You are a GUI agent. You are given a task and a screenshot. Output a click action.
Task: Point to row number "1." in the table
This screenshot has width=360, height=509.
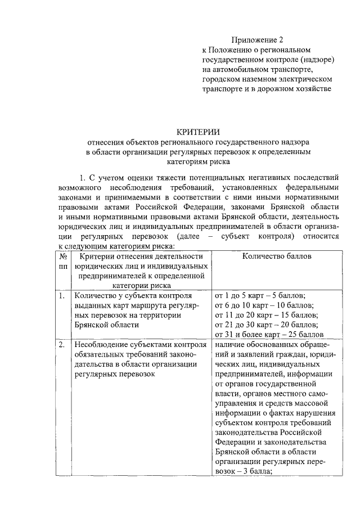pyautogui.click(x=61, y=295)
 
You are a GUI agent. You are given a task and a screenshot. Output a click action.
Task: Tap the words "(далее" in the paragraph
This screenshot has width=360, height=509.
pyautogui.click(x=188, y=237)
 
